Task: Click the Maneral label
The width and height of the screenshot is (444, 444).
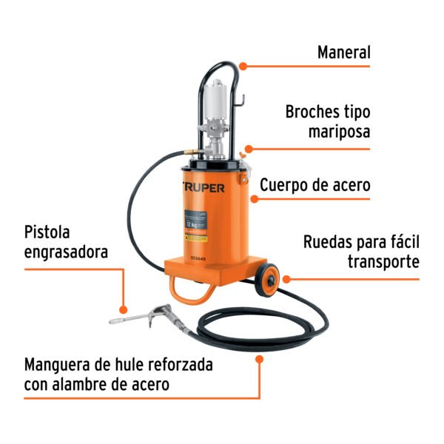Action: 343,53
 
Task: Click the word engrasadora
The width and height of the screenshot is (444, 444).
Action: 66,252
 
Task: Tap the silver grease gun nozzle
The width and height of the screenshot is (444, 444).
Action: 126,319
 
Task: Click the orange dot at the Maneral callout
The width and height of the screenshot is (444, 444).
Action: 241,66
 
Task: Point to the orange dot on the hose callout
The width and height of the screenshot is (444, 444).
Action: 259,359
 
